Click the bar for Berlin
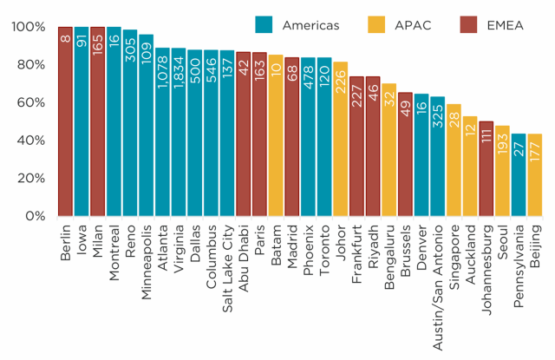pyautogui.click(x=65, y=121)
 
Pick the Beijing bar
pyautogui.click(x=535, y=174)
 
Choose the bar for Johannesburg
pyautogui.click(x=486, y=169)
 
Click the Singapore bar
pyautogui.click(x=454, y=160)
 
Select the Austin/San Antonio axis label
pyautogui.click(x=435, y=278)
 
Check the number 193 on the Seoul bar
pyautogui.click(x=503, y=144)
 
